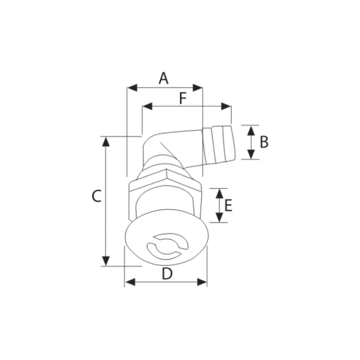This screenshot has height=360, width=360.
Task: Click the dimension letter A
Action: pyautogui.click(x=163, y=78)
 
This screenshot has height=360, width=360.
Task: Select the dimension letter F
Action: pyautogui.click(x=183, y=99)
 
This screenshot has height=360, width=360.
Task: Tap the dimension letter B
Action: pyautogui.click(x=264, y=142)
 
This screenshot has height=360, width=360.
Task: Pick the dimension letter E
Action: pyautogui.click(x=228, y=206)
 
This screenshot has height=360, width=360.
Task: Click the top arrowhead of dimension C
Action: pyautogui.click(x=106, y=141)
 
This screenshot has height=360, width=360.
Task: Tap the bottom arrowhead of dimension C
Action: pyautogui.click(x=106, y=261)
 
